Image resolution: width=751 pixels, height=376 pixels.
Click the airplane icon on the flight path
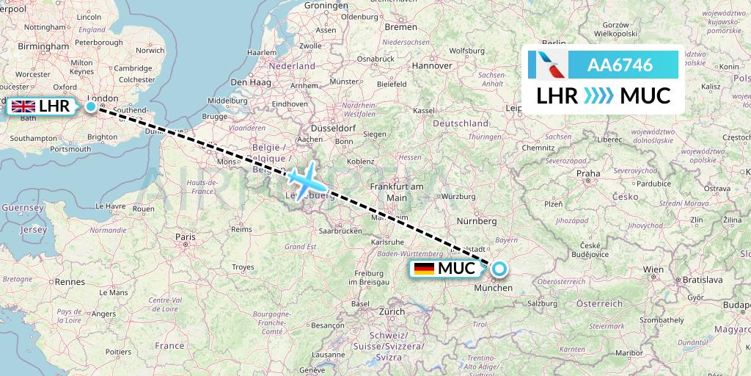(x=302, y=178)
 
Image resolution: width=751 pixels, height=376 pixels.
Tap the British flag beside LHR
(x=23, y=106)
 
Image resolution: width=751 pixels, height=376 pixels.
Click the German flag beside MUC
(x=424, y=269)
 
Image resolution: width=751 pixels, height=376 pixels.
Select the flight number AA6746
(x=620, y=65)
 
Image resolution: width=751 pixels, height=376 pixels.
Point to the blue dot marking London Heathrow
(x=90, y=106)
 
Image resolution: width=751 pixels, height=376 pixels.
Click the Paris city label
(x=185, y=236)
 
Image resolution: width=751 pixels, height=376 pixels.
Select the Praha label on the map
(x=588, y=174)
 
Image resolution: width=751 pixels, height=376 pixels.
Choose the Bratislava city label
(x=703, y=280)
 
